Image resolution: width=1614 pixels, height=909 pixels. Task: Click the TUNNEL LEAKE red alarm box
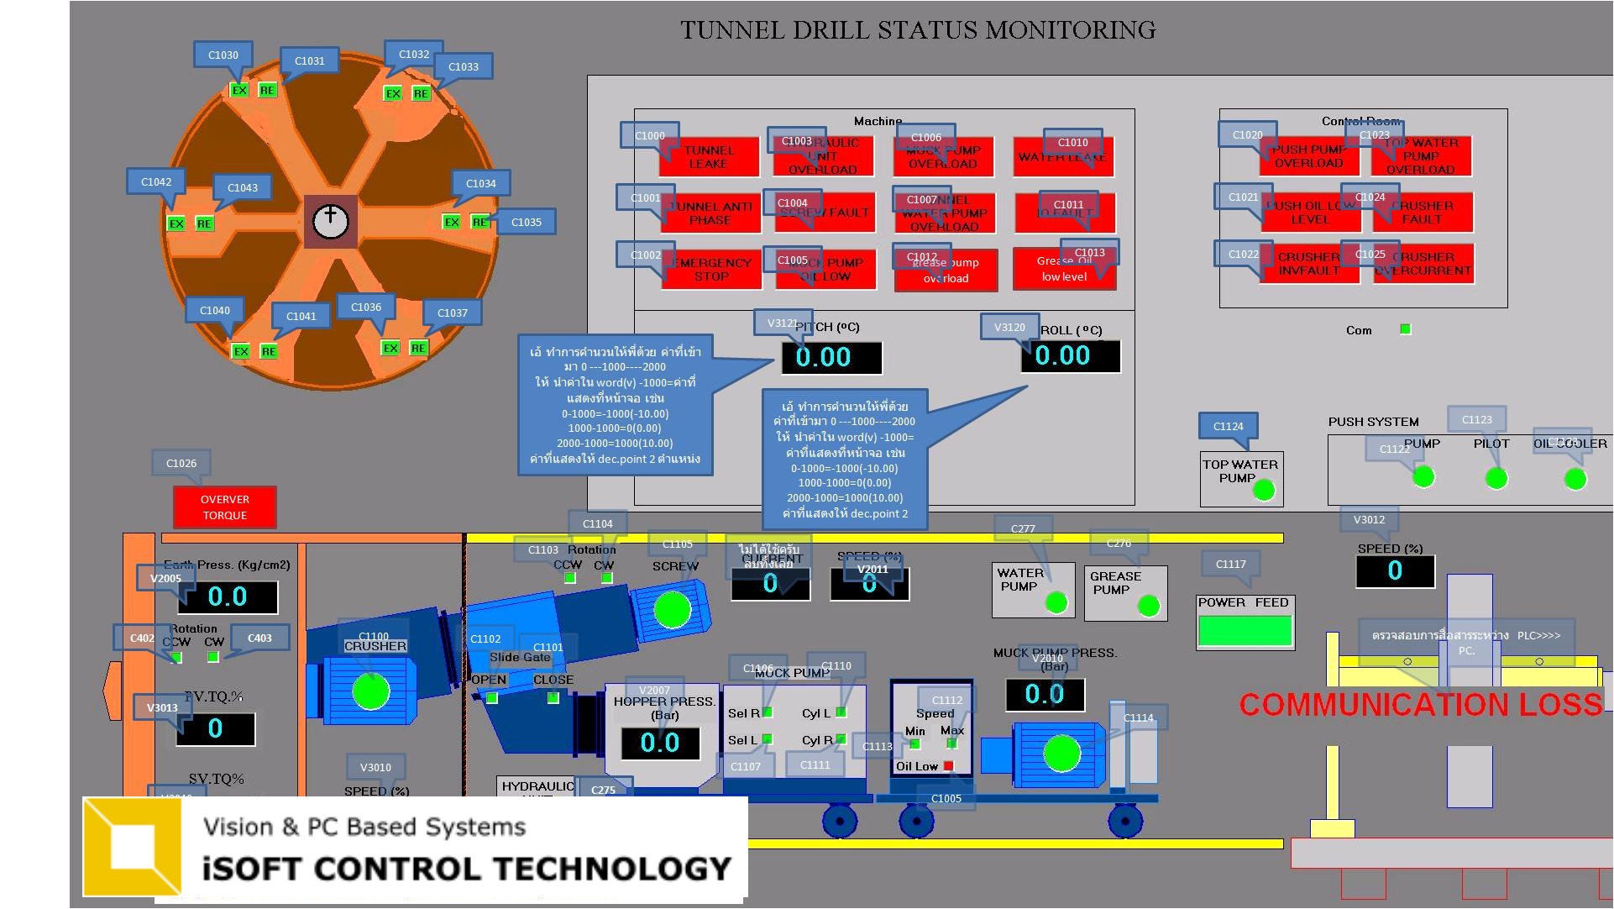pyautogui.click(x=710, y=157)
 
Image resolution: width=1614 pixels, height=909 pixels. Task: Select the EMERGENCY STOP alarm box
pyautogui.click(x=711, y=269)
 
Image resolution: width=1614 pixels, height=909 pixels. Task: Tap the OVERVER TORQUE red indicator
pyautogui.click(x=224, y=507)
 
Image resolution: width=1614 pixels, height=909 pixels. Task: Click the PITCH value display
pyautogui.click(x=831, y=357)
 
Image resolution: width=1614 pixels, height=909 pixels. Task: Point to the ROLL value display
pyautogui.click(x=1070, y=355)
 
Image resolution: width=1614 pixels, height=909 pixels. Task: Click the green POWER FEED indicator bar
pyautogui.click(x=1245, y=630)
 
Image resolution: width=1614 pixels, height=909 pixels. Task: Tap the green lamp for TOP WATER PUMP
pyautogui.click(x=1263, y=489)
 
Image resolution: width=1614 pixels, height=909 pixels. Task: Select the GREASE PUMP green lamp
pyautogui.click(x=1148, y=605)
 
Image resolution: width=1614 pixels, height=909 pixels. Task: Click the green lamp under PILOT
pyautogui.click(x=1496, y=479)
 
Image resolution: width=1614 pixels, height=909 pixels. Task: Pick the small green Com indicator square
pyautogui.click(x=1405, y=329)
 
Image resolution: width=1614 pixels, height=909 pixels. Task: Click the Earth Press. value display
pyautogui.click(x=228, y=597)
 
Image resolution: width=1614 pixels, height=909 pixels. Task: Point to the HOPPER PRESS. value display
pyautogui.click(x=660, y=743)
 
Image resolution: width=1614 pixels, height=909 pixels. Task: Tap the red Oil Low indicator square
pyautogui.click(x=948, y=765)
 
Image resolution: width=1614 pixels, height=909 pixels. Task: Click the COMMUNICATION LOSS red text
pyautogui.click(x=1420, y=704)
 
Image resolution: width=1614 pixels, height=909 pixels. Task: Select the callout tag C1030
pyautogui.click(x=223, y=55)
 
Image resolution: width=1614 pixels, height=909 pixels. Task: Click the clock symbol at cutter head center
pyautogui.click(x=330, y=221)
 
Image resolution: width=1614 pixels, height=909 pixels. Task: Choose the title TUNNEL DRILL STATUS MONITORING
pyautogui.click(x=917, y=31)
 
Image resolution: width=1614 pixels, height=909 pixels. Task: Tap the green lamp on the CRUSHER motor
pyautogui.click(x=370, y=691)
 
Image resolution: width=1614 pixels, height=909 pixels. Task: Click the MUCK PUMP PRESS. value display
pyautogui.click(x=1045, y=694)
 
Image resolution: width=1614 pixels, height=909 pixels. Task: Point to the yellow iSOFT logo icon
pyautogui.click(x=133, y=845)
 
